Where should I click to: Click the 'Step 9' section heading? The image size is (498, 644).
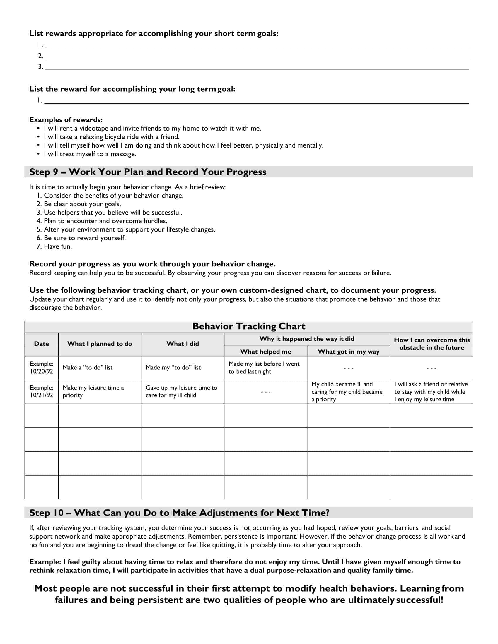point(148,172)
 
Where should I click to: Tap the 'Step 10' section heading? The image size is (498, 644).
point(179,513)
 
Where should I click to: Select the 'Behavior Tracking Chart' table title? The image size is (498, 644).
point(249,326)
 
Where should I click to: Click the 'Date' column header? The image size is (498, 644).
point(41,344)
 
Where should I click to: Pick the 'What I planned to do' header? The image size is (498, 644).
point(99,344)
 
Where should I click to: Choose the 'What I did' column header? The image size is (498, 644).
point(182,344)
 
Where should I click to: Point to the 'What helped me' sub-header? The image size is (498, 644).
point(265,352)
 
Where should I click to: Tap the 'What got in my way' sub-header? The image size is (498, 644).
point(348,352)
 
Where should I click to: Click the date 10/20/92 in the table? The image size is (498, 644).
point(42,371)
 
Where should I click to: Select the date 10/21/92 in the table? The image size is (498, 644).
point(42,395)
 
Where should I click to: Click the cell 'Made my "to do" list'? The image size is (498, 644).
point(173,368)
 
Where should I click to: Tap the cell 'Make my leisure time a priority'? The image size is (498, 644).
point(93,391)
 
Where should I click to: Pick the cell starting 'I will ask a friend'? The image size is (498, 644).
point(431,392)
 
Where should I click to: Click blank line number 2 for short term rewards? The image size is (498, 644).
point(257,56)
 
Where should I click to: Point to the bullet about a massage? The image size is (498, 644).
point(90,154)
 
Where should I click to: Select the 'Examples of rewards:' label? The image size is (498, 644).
point(66,120)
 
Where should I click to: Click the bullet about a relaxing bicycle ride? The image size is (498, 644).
point(111,137)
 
